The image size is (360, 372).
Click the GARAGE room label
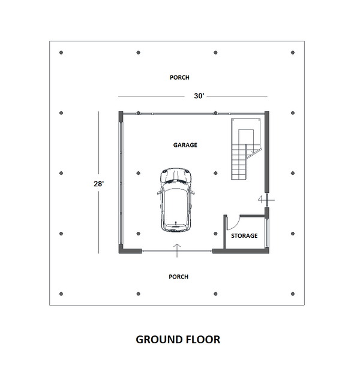point(185,145)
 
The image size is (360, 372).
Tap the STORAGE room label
point(244,235)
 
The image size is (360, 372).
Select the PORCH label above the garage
point(179,77)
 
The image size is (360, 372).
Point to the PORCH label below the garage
point(179,277)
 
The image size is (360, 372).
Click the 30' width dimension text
point(199,96)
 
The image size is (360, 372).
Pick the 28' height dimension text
point(98,184)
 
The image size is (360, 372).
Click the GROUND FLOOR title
point(178,340)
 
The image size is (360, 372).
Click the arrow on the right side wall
point(262,198)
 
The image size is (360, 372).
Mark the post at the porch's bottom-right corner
point(292,294)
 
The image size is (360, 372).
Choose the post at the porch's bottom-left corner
point(61,294)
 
